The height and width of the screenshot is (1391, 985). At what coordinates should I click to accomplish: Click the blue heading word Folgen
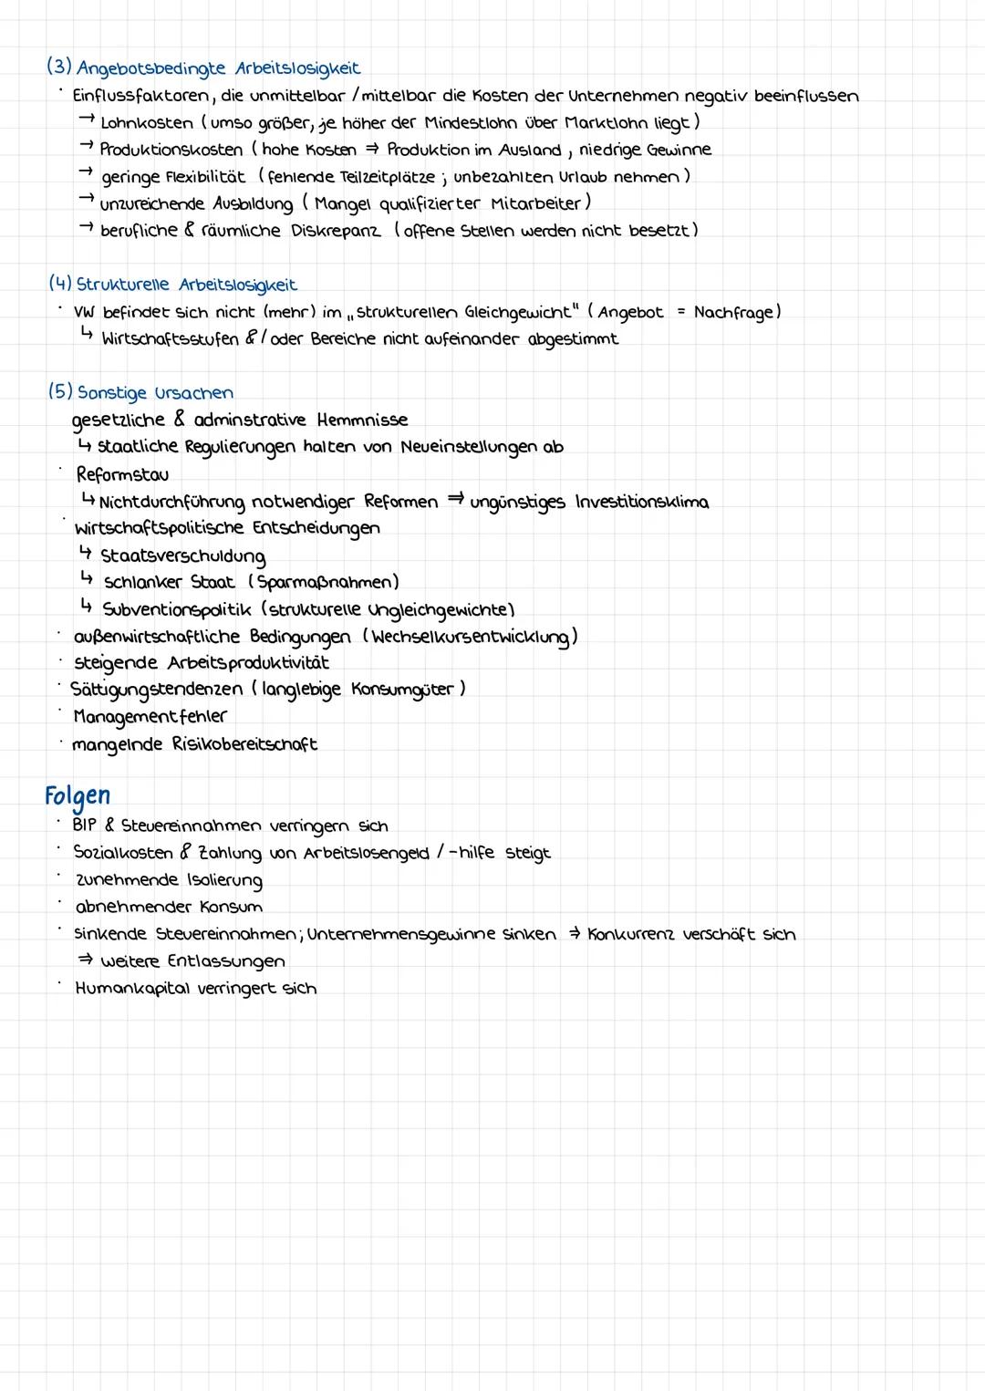pos(78,796)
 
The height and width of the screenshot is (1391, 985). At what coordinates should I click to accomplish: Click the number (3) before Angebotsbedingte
pos(59,67)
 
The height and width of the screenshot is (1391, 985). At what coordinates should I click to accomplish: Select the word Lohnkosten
pos(146,123)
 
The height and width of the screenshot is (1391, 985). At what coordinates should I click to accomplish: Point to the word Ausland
pos(530,150)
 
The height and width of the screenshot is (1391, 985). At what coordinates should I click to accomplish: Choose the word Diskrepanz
pos(337,230)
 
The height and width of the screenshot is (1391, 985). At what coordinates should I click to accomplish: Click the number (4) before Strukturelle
pos(60,285)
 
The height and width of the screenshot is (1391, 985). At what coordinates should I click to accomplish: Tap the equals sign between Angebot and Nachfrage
pos(680,312)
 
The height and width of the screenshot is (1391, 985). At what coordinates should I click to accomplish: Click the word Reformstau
pos(122,474)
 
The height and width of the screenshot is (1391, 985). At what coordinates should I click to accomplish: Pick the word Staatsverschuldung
pos(183,555)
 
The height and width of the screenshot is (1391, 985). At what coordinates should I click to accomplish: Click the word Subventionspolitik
pos(178,608)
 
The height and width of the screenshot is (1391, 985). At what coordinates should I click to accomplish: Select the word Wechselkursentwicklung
pos(470,636)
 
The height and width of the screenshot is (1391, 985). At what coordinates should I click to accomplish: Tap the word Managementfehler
pos(150,716)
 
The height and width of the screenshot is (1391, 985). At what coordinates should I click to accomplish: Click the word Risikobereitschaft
pos(244,743)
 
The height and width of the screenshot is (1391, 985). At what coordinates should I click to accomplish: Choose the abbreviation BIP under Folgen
pos(84,825)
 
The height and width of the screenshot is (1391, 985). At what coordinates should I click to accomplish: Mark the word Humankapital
pos(135,988)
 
